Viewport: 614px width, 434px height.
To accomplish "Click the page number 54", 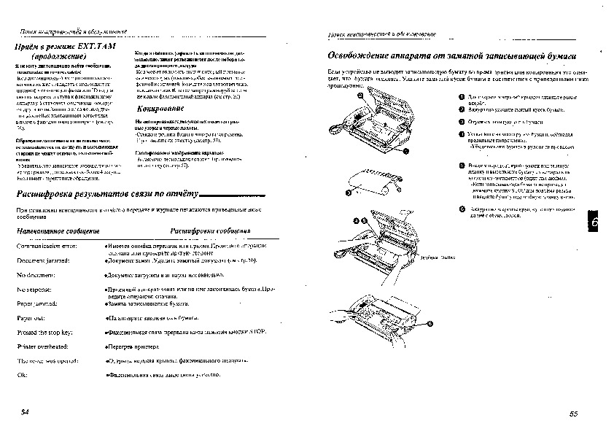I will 25,414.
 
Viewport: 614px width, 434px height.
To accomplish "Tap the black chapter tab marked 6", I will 592,223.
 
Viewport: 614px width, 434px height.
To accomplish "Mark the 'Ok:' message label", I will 21,374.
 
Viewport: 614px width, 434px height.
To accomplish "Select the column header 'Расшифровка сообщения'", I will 210,230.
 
